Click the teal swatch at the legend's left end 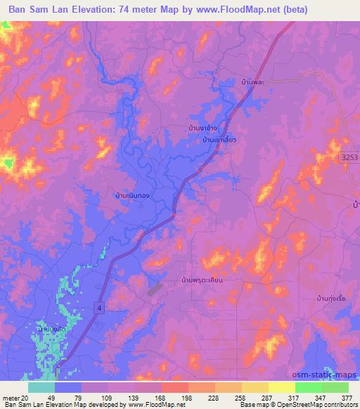[41, 387]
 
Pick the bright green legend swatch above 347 [308, 387]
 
